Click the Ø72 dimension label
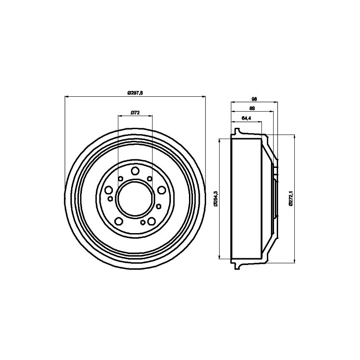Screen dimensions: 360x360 (x=135, y=112)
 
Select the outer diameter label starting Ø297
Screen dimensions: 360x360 (x=135, y=93)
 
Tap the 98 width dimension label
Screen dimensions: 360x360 (x=254, y=99)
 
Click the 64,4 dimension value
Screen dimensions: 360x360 (x=246, y=118)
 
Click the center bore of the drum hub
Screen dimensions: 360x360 (x=135, y=198)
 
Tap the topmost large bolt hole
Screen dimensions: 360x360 (x=135, y=170)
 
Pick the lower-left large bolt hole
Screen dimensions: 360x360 (x=118, y=221)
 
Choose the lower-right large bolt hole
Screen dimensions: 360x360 (x=151, y=221)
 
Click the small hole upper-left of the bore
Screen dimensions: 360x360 (x=120, y=179)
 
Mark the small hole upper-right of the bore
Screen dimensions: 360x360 (x=149, y=179)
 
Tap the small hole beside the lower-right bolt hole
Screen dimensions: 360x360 (x=143, y=223)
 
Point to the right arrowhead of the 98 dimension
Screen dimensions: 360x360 (x=276, y=102)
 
